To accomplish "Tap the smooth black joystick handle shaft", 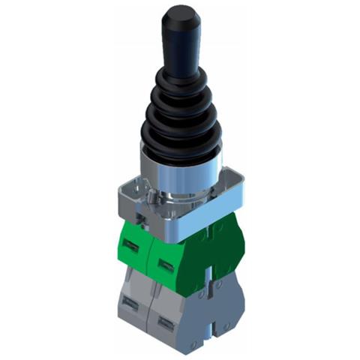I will pyautogui.click(x=181, y=45).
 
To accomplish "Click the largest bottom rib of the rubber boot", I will pyautogui.click(x=181, y=135).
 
